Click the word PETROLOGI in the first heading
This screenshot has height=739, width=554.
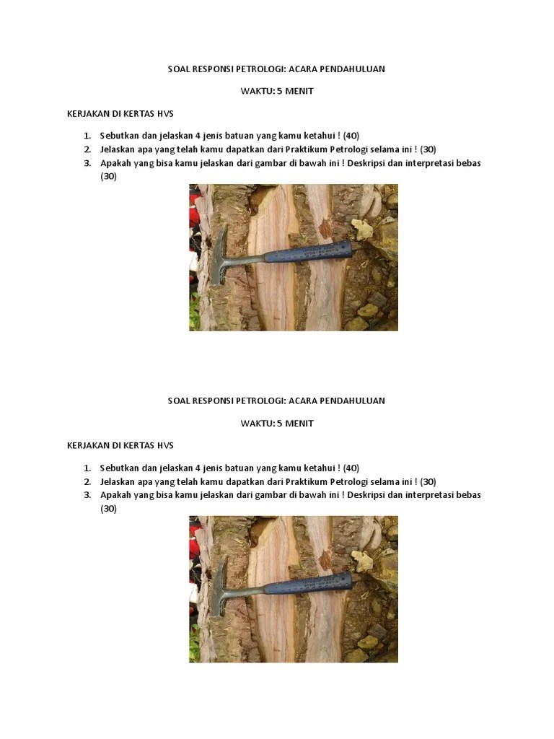(260, 69)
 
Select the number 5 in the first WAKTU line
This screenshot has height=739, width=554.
(279, 91)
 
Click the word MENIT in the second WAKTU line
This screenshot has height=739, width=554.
(299, 423)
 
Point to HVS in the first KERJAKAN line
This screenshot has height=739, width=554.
(165, 113)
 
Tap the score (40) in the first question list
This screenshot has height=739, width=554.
(351, 136)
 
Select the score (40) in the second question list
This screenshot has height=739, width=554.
(351, 468)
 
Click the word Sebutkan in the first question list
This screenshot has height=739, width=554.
(119, 136)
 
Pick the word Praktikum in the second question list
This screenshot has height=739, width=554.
(306, 481)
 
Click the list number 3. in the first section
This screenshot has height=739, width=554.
(87, 163)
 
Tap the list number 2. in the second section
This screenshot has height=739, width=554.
(87, 481)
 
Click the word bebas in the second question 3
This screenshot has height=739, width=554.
(468, 495)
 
